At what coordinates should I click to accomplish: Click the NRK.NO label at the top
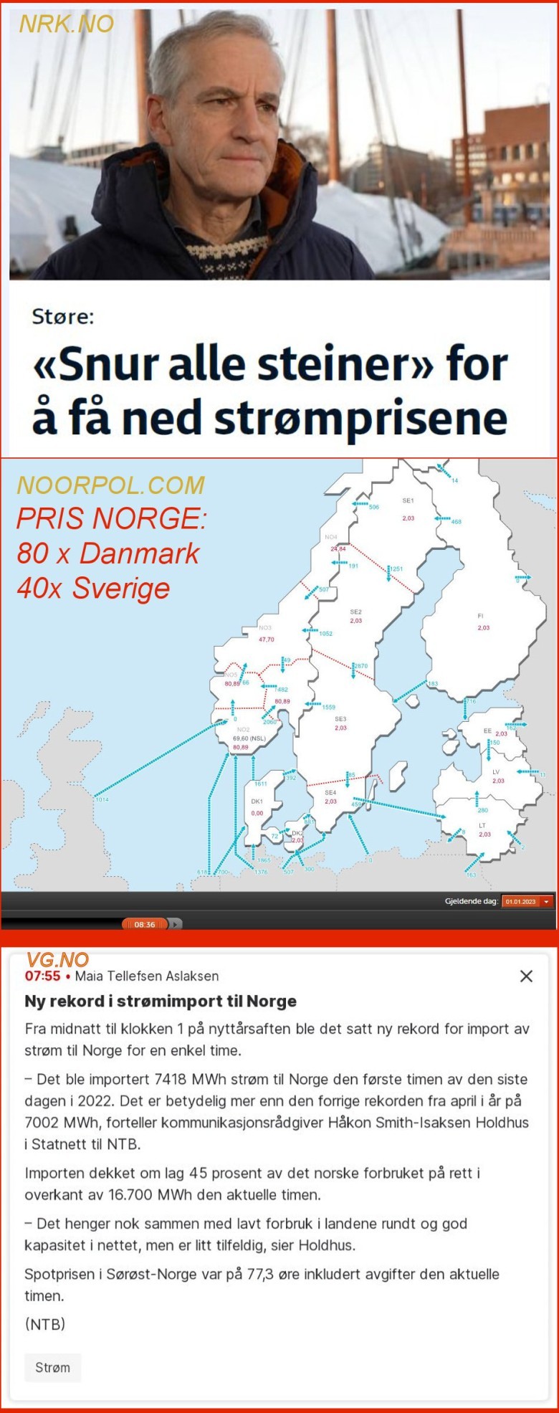point(66,24)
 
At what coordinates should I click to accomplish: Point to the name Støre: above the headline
point(62,316)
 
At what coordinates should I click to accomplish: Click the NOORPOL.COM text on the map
point(110,485)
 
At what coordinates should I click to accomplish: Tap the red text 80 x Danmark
point(108,553)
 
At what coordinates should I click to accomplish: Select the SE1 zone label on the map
point(408,500)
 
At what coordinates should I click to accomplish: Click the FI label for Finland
point(481,616)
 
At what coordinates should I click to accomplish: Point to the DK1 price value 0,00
point(257,813)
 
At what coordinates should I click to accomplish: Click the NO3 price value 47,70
point(267,639)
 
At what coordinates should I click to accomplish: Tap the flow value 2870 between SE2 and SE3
point(361,666)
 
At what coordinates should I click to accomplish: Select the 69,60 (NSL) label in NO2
point(249,738)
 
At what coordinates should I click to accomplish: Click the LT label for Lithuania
point(482,825)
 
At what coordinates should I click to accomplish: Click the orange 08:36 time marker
point(145,924)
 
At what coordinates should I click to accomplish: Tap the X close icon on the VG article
point(526,976)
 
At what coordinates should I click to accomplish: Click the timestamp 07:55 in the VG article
point(42,976)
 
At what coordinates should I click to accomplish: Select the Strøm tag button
point(53,1367)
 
